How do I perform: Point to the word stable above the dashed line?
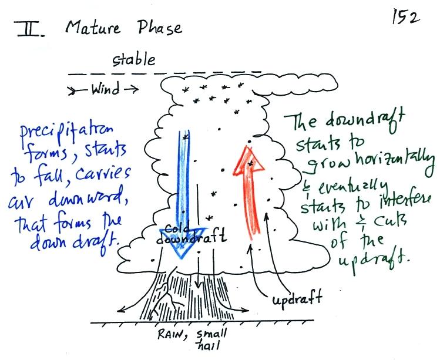tap(134, 60)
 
